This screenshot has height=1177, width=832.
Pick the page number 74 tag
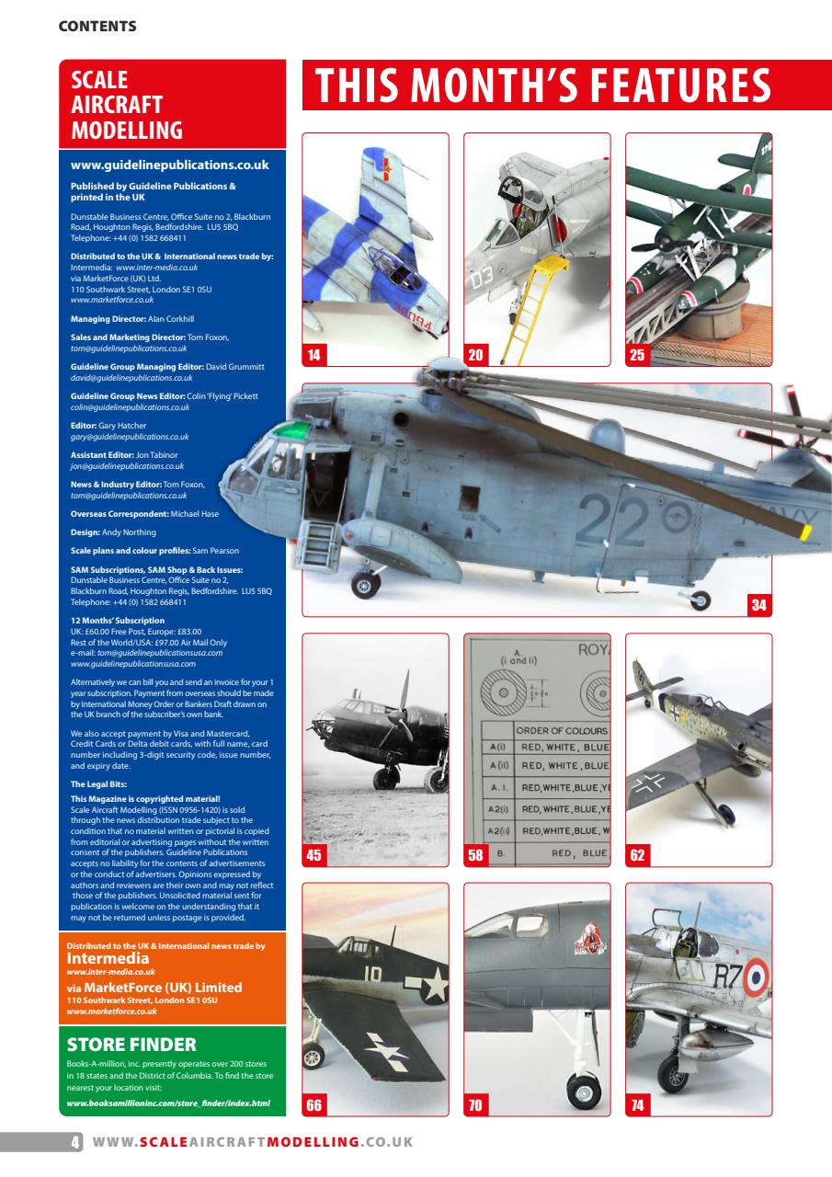coord(637,1105)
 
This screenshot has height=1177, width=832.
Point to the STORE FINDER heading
coord(132,1045)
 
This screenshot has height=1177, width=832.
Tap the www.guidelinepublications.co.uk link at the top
coord(169,166)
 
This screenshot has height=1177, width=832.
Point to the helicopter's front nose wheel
coord(367,581)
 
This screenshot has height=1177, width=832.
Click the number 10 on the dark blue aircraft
coord(373,968)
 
